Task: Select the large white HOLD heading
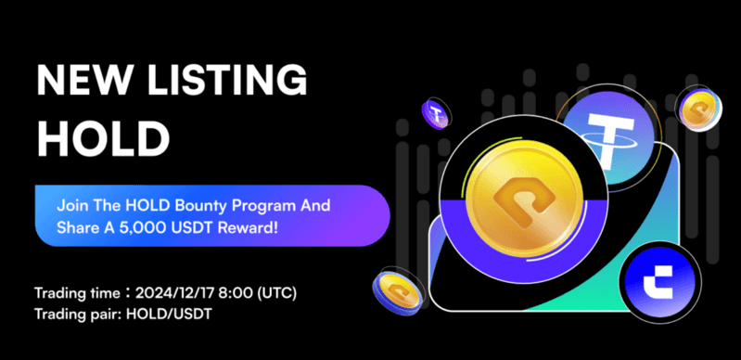[x=103, y=138]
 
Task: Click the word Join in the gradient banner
[x=72, y=203]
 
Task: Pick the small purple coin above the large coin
[x=436, y=115]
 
